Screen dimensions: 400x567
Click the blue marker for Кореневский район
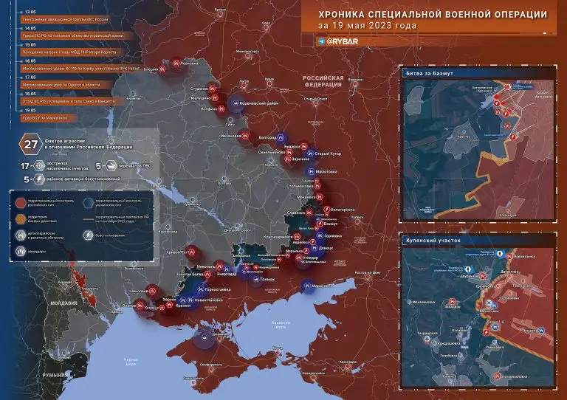235,103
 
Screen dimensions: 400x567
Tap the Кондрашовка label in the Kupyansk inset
447,343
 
